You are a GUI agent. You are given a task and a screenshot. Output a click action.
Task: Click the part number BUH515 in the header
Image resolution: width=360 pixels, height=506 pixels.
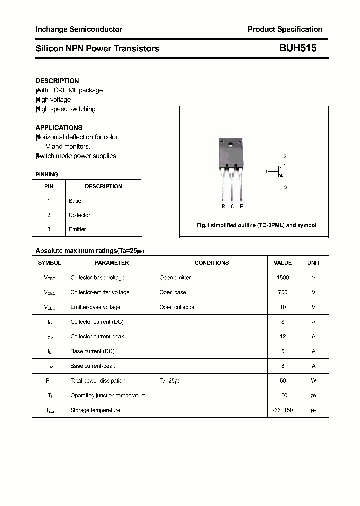pyautogui.click(x=297, y=48)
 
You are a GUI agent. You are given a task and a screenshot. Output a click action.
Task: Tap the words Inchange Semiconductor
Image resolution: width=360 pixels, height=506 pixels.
pyautogui.click(x=79, y=29)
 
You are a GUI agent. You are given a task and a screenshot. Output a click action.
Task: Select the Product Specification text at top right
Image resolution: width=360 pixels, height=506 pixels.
pyautogui.click(x=285, y=29)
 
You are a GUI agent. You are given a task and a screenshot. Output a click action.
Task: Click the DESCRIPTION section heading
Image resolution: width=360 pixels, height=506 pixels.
pyautogui.click(x=57, y=81)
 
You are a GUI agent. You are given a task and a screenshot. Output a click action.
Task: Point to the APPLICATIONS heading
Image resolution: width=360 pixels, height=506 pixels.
pyautogui.click(x=59, y=128)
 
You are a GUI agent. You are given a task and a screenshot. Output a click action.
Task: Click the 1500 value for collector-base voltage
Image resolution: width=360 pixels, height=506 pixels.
pyautogui.click(x=283, y=277)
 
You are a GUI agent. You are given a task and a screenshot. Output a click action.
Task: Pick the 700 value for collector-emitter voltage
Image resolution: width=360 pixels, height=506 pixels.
pyautogui.click(x=283, y=292)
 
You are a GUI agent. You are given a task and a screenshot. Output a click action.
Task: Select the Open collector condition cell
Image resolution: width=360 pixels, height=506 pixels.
pyautogui.click(x=177, y=307)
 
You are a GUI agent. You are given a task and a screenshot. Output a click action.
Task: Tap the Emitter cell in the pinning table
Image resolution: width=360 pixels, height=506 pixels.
pyautogui.click(x=77, y=229)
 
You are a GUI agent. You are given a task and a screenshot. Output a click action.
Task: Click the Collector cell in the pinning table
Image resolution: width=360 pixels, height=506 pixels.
pyautogui.click(x=79, y=215)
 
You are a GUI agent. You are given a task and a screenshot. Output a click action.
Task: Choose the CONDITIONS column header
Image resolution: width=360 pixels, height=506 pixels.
pyautogui.click(x=212, y=263)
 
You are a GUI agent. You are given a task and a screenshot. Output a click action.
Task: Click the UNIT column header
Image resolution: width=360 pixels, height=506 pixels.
pyautogui.click(x=314, y=263)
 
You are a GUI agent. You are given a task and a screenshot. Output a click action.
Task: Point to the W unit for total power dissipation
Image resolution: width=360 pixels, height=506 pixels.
pyautogui.click(x=314, y=381)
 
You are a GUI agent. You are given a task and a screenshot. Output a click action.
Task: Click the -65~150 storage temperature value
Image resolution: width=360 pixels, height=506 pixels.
pyautogui.click(x=283, y=410)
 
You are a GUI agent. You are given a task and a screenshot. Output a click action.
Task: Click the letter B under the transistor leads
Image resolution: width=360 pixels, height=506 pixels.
pyautogui.click(x=223, y=206)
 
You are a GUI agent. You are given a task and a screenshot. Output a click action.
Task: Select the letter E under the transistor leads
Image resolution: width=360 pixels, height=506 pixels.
pyautogui.click(x=241, y=206)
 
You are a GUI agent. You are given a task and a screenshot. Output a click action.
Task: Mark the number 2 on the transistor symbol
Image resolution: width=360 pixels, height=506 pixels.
pyautogui.click(x=285, y=157)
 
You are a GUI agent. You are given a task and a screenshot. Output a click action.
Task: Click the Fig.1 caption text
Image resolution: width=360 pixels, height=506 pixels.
pyautogui.click(x=256, y=225)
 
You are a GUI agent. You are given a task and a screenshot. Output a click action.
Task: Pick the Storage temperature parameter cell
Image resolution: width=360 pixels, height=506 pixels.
pyautogui.click(x=95, y=410)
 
